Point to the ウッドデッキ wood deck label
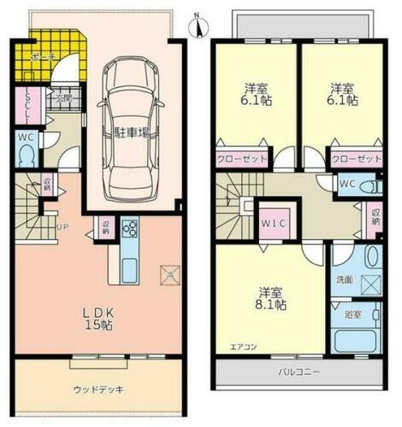coord(98,390)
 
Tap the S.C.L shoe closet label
coord(28,105)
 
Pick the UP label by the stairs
coord(62,228)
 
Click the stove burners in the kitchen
coord(130,229)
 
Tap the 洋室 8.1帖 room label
coord(269,295)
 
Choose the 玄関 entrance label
coord(64,98)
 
